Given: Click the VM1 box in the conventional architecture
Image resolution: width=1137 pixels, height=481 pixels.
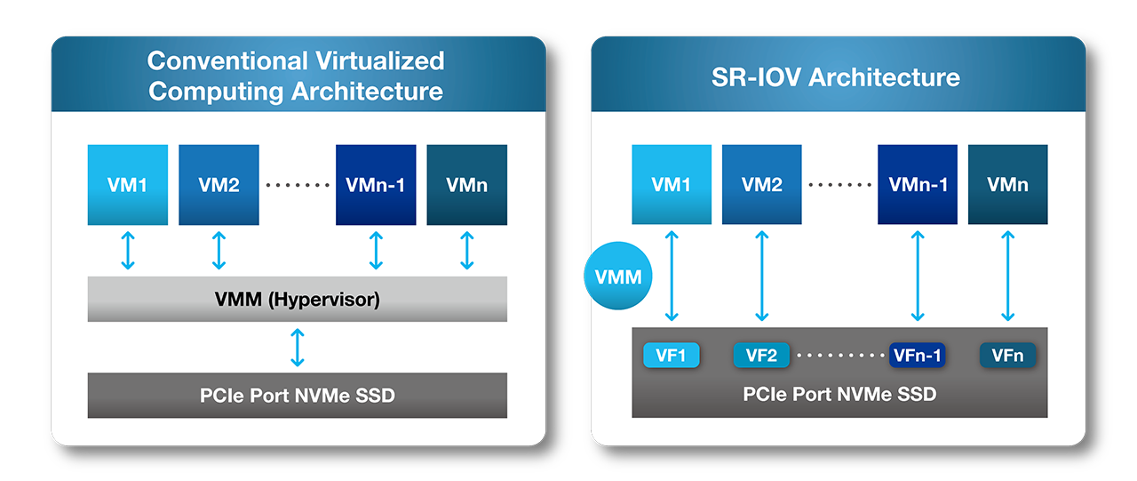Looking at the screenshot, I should click(x=128, y=185).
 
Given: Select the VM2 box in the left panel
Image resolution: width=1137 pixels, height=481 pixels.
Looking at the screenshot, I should click(x=219, y=185).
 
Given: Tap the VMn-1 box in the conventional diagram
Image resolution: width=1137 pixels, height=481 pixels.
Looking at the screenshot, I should click(x=376, y=185).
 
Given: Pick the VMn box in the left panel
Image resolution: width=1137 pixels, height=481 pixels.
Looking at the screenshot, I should click(x=467, y=185).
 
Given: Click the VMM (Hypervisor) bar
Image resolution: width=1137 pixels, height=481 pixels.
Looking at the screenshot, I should click(x=297, y=300).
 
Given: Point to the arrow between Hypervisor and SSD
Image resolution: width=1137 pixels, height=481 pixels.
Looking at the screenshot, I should click(x=298, y=347).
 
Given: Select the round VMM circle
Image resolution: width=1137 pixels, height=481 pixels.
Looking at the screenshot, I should click(x=618, y=277).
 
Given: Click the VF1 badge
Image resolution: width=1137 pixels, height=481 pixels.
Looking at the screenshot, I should click(x=671, y=356).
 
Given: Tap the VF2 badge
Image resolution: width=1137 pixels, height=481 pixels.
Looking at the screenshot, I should click(x=761, y=356).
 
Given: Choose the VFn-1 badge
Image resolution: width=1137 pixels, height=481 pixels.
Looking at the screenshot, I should click(x=917, y=356).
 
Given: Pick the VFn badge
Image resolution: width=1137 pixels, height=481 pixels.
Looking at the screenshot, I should click(x=1007, y=356).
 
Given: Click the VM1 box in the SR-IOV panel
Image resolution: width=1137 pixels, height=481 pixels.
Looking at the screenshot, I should click(x=672, y=185).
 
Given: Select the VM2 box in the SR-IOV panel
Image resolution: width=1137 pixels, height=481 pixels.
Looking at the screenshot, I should click(x=762, y=185).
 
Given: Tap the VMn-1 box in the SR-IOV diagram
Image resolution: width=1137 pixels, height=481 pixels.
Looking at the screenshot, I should click(x=918, y=185).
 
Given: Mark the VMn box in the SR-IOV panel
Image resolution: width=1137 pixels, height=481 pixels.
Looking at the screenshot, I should click(x=1007, y=185).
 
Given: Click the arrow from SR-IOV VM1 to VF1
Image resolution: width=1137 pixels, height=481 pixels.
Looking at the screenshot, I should click(x=672, y=276).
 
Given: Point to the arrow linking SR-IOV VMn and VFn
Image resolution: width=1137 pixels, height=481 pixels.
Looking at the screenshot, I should click(x=1007, y=276).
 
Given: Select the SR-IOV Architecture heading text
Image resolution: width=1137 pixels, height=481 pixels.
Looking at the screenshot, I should click(x=836, y=76).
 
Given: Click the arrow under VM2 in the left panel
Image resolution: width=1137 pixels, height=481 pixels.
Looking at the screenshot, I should click(x=219, y=251).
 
